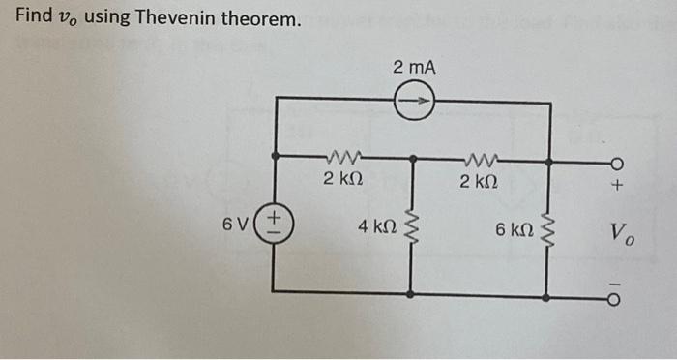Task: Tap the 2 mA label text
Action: (415, 67)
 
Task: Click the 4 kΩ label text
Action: (376, 227)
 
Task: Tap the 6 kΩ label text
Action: (513, 229)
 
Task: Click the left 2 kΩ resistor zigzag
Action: (343, 156)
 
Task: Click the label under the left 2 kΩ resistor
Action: (343, 179)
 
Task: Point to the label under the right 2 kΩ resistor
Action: (479, 181)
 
